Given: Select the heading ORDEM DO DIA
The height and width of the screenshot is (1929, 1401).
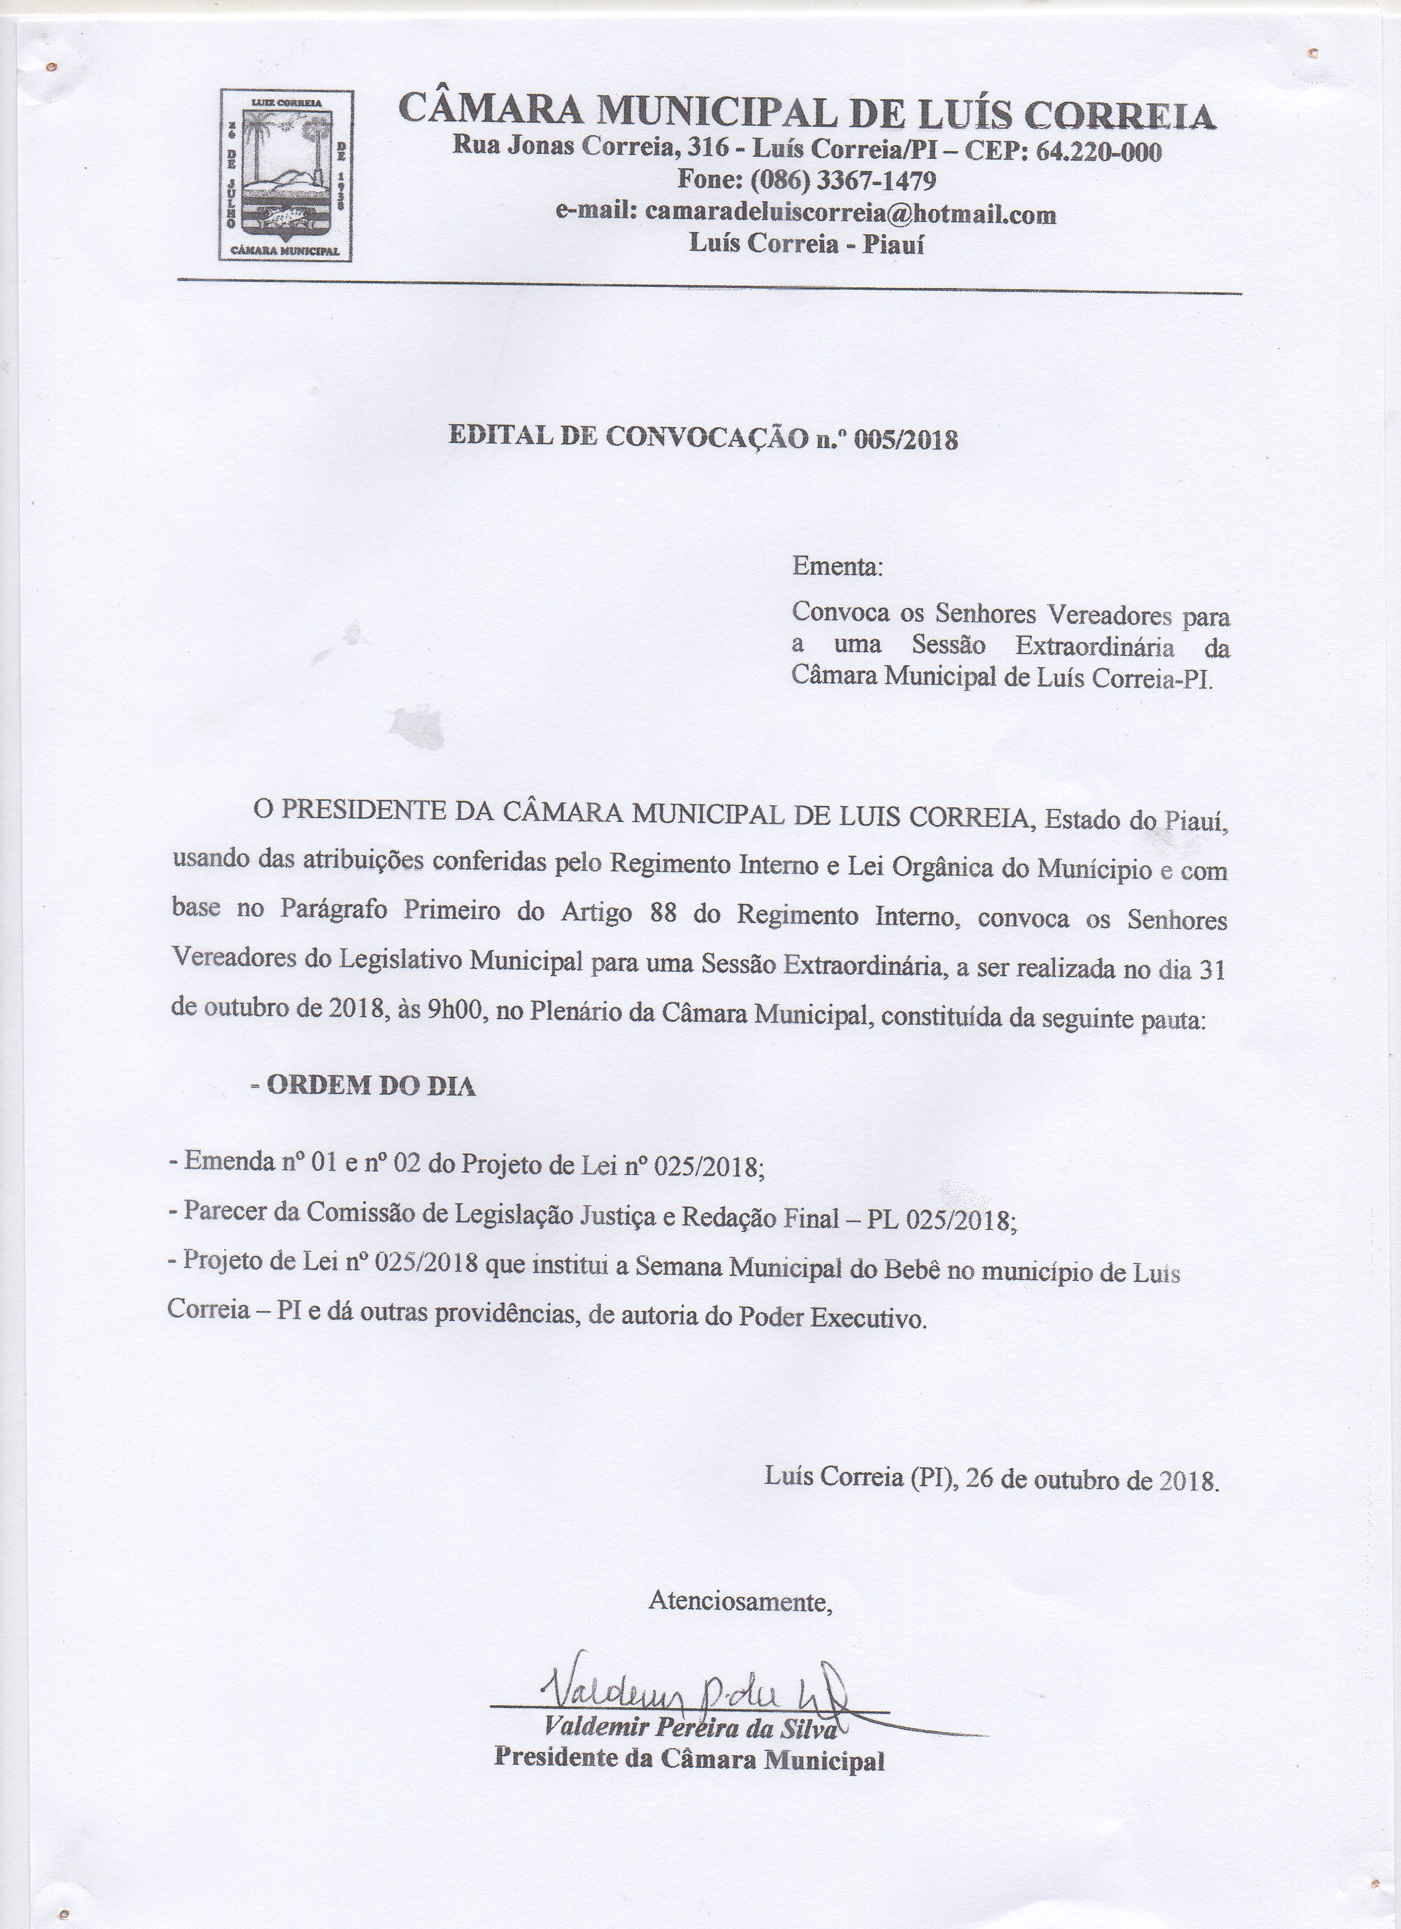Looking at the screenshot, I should pos(371,1086).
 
